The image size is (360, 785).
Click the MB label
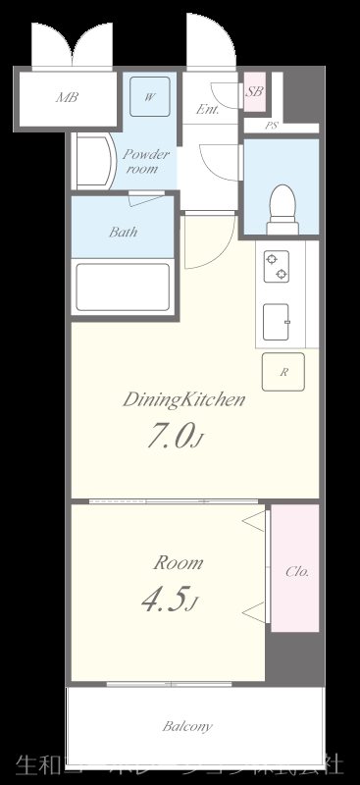[x=67, y=97]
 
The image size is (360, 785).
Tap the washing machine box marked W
[x=150, y=97]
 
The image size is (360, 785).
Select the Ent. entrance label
[x=207, y=110]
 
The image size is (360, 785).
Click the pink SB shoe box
[x=254, y=91]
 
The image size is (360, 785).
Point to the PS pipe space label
[x=272, y=126]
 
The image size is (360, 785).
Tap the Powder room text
[x=146, y=161]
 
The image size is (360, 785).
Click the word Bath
[x=123, y=233]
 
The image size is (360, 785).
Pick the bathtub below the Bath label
[x=123, y=287]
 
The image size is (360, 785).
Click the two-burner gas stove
[x=276, y=265]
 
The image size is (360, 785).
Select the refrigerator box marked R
[x=283, y=372]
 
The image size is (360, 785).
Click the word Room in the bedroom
[x=179, y=563]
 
